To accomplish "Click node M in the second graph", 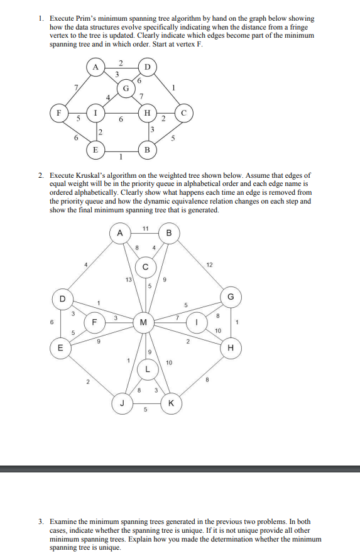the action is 144,322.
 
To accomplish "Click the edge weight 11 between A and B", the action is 145,227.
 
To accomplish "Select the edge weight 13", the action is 129,279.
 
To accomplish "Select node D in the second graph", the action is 62,298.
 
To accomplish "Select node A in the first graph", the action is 95,67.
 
